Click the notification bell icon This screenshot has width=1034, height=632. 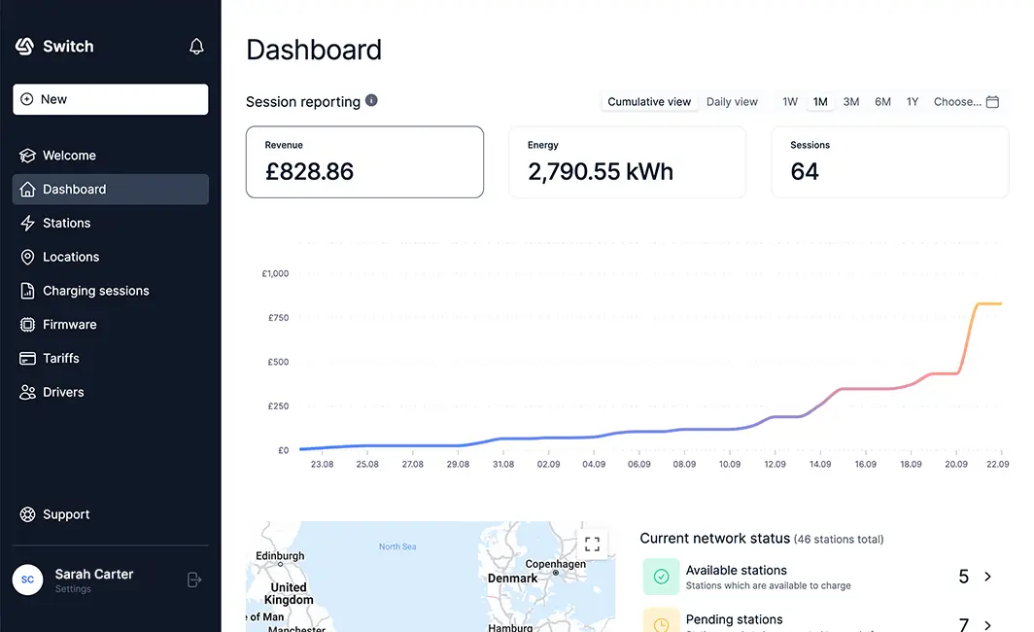pos(196,47)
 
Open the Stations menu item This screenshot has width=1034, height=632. pos(66,224)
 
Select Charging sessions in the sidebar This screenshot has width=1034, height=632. pos(95,291)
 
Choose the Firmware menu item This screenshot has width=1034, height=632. pos(69,325)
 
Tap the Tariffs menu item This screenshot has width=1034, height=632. pos(60,359)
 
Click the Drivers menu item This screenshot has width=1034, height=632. pos(63,393)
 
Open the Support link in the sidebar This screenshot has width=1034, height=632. pos(65,514)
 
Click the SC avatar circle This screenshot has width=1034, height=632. pos(27,579)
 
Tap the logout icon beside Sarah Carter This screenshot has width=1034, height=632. pos(194,579)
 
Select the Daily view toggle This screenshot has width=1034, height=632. pos(732,102)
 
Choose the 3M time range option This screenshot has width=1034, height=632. pos(851,102)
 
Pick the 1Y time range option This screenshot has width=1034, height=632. pos(913,102)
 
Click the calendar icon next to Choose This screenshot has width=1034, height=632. pos(992,102)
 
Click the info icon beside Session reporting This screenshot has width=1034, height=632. pos(371,100)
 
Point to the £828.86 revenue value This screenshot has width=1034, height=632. pos(309,172)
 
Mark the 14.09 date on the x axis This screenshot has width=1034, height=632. pos(820,465)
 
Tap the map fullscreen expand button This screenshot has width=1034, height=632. pos(592,544)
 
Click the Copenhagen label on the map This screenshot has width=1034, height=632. pos(555,564)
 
